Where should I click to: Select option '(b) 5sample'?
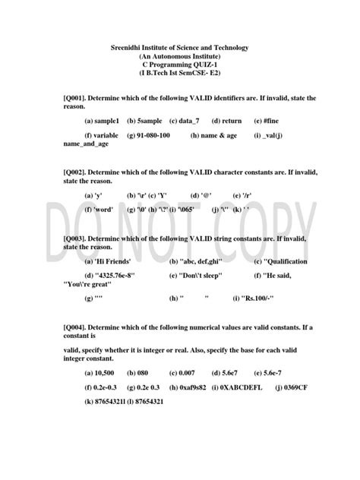pyautogui.click(x=144, y=121)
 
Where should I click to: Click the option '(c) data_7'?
pyautogui.click(x=185, y=121)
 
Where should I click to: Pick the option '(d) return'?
pyautogui.click(x=227, y=121)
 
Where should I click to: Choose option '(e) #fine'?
pyautogui.click(x=267, y=121)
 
